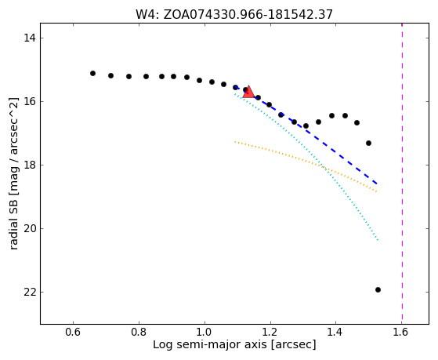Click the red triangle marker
[x=248, y=92]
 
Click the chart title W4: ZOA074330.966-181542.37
[x=234, y=14]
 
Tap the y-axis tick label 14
[x=30, y=38]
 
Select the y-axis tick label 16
[x=30, y=101]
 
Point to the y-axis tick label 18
[x=30, y=165]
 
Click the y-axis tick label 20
[x=30, y=228]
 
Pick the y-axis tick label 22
[x=30, y=293]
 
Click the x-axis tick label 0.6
[x=73, y=333]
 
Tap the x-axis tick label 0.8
[x=139, y=333]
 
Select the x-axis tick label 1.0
[x=205, y=333]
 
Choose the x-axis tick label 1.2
[x=270, y=333]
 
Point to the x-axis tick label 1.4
[x=336, y=333]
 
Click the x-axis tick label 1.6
[x=401, y=333]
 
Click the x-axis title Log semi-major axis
[x=210, y=344]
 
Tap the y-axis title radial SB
[x=13, y=222]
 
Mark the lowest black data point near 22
[x=378, y=289]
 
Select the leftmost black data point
[x=92, y=73]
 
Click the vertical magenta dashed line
[x=402, y=173]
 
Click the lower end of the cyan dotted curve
[x=378, y=240]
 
